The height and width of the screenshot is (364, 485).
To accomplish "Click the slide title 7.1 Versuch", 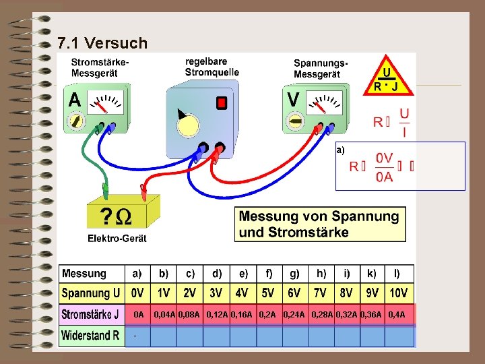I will tap(102, 44).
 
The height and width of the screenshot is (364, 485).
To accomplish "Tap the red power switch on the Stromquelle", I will tap(221, 102).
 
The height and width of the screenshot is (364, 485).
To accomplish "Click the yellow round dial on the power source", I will tap(189, 125).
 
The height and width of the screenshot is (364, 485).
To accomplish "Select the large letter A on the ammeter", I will tap(75, 100).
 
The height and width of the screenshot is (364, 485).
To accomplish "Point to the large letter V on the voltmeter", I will tap(294, 100).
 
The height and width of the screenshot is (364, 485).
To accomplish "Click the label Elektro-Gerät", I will tap(117, 239).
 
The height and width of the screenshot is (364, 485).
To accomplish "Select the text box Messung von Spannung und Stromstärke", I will tap(321, 224).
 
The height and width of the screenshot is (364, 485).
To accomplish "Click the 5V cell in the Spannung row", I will tap(267, 294).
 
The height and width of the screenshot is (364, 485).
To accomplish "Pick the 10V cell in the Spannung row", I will tap(398, 294).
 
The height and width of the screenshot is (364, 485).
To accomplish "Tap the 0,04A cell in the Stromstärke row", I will tap(164, 315).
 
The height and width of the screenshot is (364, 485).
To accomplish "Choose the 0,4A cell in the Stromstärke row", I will tap(397, 315).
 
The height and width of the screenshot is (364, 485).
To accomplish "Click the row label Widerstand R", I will tap(90, 335).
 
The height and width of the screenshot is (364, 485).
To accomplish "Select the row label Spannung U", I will tap(91, 294).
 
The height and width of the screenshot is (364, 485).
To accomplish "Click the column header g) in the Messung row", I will tap(294, 274).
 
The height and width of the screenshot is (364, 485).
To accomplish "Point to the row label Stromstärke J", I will tap(91, 315).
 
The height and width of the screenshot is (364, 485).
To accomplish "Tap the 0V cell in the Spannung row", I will tap(137, 294).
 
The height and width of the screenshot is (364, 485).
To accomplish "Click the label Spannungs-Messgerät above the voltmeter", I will tap(321, 67).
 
